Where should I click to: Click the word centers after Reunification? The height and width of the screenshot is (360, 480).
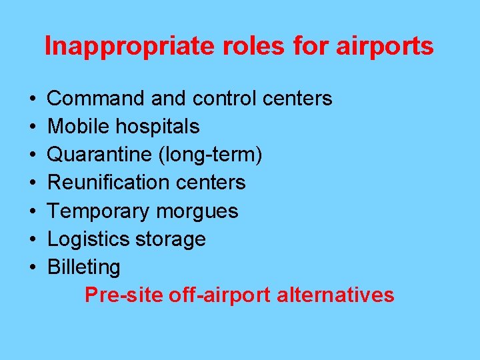pyautogui.click(x=211, y=182)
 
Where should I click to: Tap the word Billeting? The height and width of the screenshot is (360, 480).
pyautogui.click(x=84, y=267)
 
